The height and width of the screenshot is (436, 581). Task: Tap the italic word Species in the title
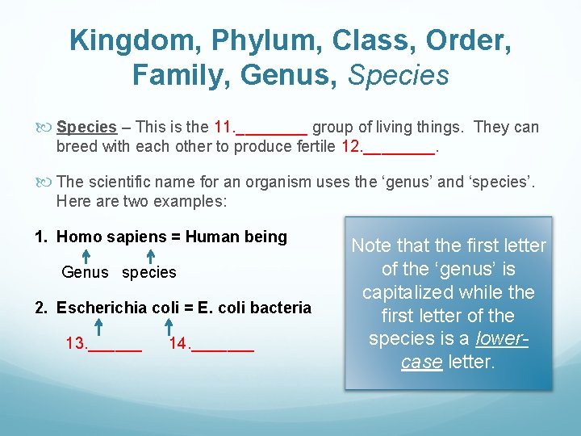coord(398,75)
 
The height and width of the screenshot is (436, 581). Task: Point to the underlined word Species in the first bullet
coord(86,127)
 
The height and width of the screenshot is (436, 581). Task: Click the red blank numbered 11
coord(260,127)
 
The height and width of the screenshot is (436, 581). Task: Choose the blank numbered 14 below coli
coord(211,345)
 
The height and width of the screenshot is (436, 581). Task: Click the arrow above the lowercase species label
coord(151,256)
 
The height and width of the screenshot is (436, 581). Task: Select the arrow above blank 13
coord(98,326)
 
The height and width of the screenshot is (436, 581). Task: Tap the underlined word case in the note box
coord(420,362)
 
